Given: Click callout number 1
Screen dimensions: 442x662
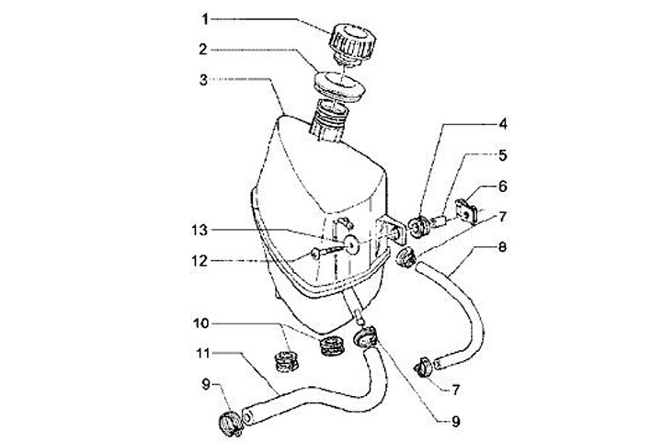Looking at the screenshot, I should coord(206,19).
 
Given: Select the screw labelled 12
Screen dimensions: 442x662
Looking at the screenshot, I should coord(323,254).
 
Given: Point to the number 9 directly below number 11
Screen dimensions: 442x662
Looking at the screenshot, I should coord(206,383).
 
